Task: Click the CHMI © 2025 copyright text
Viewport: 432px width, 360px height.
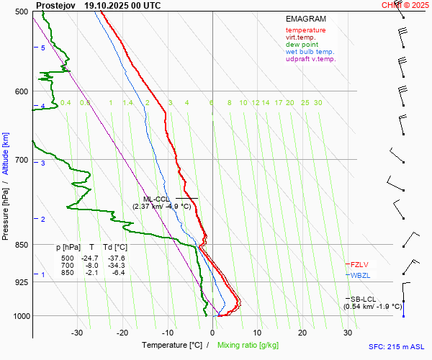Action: click(x=405, y=4)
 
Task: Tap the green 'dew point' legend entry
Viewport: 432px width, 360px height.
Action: click(x=302, y=45)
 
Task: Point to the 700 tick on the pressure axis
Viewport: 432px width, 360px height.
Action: click(x=21, y=159)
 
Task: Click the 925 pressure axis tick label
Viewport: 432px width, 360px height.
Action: click(x=21, y=282)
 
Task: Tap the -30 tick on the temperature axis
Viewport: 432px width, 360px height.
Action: click(x=77, y=333)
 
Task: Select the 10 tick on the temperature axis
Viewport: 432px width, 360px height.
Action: click(x=257, y=333)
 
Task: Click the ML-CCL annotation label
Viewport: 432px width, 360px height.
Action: click(x=156, y=199)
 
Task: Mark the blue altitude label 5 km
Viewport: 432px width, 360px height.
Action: click(x=42, y=48)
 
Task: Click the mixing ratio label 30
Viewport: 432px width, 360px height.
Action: click(x=318, y=103)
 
